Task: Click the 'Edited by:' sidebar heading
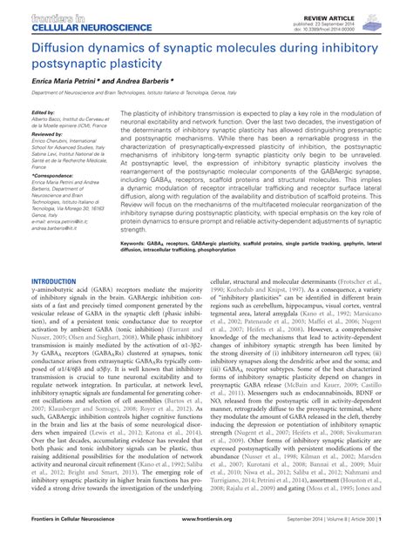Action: tap(44, 112)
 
